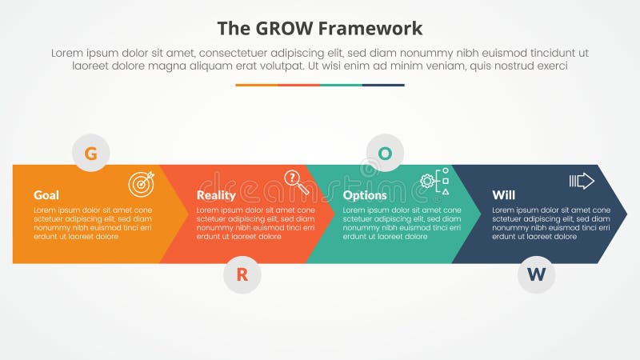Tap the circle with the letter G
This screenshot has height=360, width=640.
(x=91, y=154)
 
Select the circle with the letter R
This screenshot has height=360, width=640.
(x=242, y=275)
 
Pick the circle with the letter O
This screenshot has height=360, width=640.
(x=385, y=154)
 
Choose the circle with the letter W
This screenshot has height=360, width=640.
(x=536, y=275)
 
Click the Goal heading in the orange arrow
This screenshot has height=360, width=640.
(x=46, y=195)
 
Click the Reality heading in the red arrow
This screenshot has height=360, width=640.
(x=216, y=195)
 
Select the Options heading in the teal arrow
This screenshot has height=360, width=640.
(x=365, y=195)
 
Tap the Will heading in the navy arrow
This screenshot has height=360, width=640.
(x=503, y=195)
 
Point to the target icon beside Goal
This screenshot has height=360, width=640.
(x=142, y=183)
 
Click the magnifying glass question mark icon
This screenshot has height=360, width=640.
(x=296, y=182)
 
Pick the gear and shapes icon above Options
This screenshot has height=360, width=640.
(x=435, y=182)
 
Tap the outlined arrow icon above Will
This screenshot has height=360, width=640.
(x=582, y=181)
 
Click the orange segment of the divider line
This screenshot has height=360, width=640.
(x=256, y=85)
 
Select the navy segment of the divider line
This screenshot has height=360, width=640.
(x=383, y=85)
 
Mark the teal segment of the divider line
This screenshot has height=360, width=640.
(x=341, y=85)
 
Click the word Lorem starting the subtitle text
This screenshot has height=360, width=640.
(x=68, y=53)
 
